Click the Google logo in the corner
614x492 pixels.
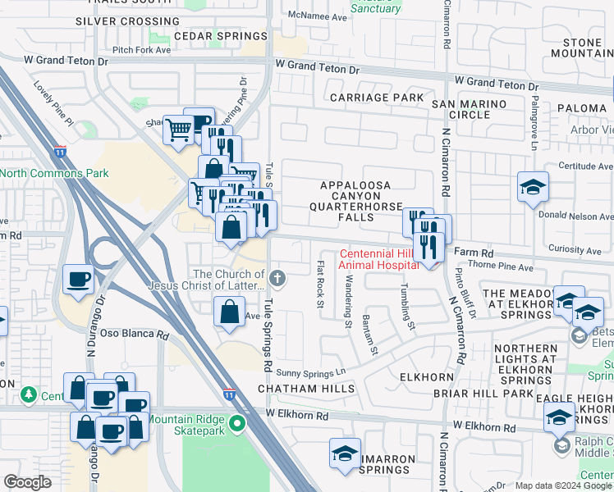(28, 482)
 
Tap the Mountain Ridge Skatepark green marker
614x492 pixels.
(238, 424)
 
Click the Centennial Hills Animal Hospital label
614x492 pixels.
(386, 259)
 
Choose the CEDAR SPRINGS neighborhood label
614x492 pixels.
(221, 36)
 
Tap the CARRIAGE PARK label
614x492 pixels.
(376, 98)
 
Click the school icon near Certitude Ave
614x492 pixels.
(533, 186)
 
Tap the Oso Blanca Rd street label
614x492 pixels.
(134, 335)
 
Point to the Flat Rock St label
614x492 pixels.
(319, 285)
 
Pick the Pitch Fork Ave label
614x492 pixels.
(142, 50)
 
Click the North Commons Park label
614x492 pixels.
(54, 173)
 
